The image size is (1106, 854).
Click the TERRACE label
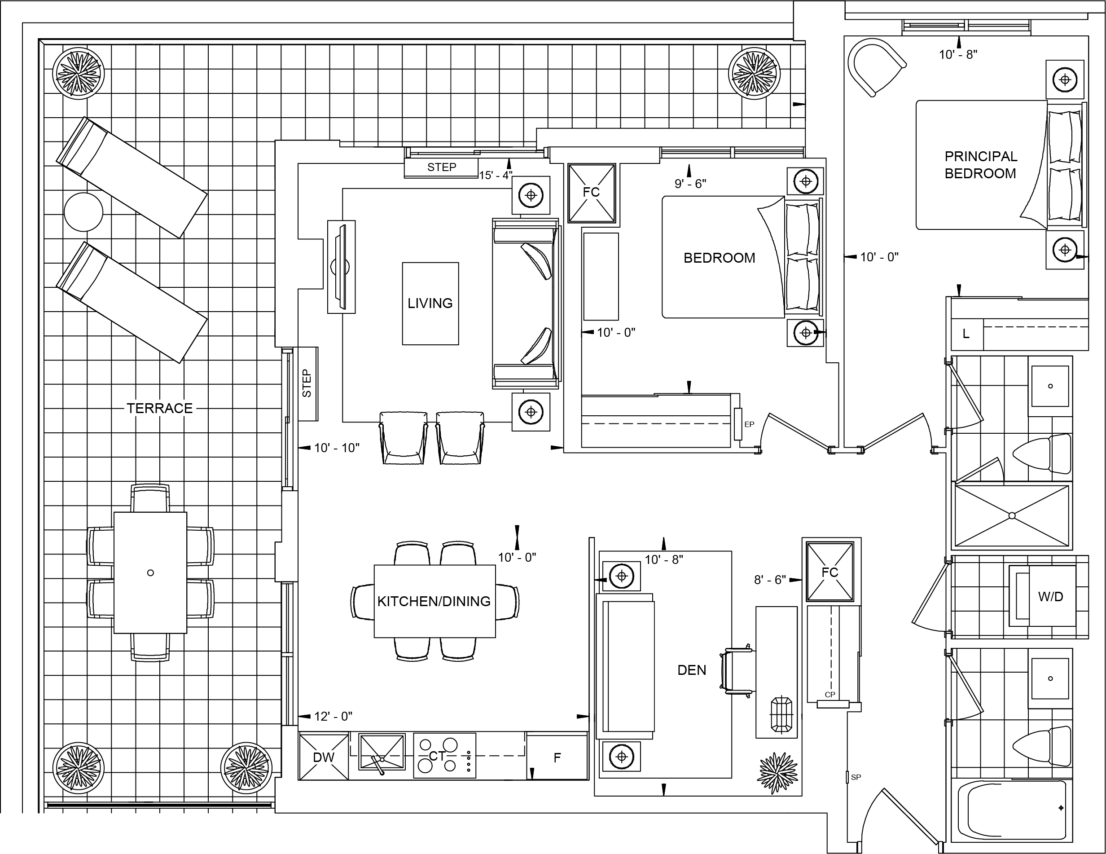pos(159,408)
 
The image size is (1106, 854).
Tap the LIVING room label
pos(430,303)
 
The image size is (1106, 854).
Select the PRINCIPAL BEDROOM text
pos(980,165)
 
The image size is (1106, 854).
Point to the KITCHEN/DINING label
pos(434,601)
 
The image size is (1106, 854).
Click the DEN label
pos(691,670)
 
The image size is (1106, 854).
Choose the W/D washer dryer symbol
pos(1050,596)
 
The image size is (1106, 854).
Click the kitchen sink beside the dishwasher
pos(382,752)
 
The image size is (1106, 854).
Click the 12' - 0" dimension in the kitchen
pos(333,716)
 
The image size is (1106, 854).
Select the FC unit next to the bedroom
pos(592,193)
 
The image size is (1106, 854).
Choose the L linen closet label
pos(966,334)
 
